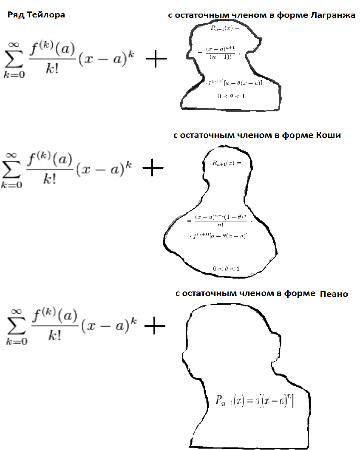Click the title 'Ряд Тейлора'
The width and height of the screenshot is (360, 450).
click(x=37, y=15)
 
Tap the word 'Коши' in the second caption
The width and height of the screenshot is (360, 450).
click(x=329, y=136)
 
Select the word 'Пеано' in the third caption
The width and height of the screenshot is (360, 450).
click(x=334, y=294)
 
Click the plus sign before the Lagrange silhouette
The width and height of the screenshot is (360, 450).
click(x=156, y=60)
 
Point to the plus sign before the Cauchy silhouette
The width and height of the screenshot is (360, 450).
click(x=153, y=170)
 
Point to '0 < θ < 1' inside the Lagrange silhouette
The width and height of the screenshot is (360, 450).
click(x=231, y=96)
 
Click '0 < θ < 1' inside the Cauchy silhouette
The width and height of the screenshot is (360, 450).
click(x=227, y=269)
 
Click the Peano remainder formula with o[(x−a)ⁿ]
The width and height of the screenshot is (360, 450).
click(x=255, y=400)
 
